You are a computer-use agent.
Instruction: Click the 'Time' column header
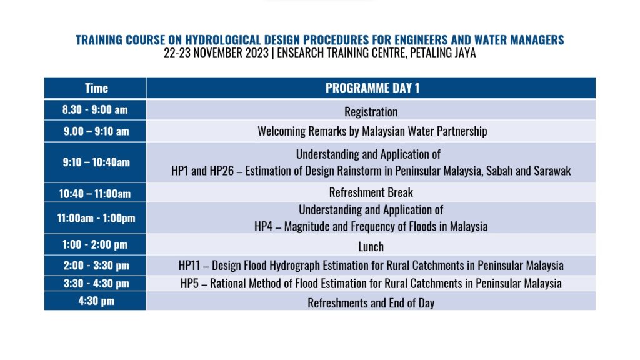pyautogui.click(x=96, y=88)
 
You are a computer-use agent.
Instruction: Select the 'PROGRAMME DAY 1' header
pyautogui.click(x=372, y=88)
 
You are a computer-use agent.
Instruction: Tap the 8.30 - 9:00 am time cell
pyautogui.click(x=95, y=110)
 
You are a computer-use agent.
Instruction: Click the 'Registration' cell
pyautogui.click(x=371, y=112)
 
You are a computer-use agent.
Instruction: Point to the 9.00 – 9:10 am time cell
pyautogui.click(x=96, y=131)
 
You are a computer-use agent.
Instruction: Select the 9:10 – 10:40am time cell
pyautogui.click(x=96, y=162)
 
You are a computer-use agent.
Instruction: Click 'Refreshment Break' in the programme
pyautogui.click(x=371, y=192)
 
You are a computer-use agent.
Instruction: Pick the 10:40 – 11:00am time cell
pyautogui.click(x=95, y=194)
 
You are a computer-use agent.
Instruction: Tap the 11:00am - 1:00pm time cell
pyautogui.click(x=96, y=218)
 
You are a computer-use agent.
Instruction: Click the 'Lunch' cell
pyautogui.click(x=371, y=247)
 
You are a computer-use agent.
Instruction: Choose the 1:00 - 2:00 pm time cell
pyautogui.click(x=95, y=245)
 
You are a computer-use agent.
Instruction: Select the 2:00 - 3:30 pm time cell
pyautogui.click(x=96, y=266)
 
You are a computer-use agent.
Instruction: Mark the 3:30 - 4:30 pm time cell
pyautogui.click(x=96, y=284)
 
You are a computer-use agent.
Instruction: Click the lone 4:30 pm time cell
pyautogui.click(x=96, y=301)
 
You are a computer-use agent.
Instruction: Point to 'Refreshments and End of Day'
pyautogui.click(x=371, y=303)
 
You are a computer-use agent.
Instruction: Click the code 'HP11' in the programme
pyautogui.click(x=189, y=266)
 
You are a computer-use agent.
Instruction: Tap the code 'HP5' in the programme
pyautogui.click(x=189, y=284)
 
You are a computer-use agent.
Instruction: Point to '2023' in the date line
pyautogui.click(x=257, y=53)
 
